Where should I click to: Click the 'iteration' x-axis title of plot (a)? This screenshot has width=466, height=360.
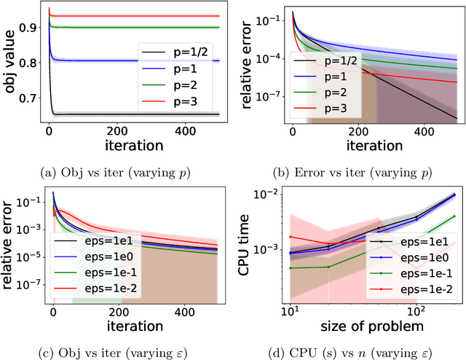click(x=134, y=145)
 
